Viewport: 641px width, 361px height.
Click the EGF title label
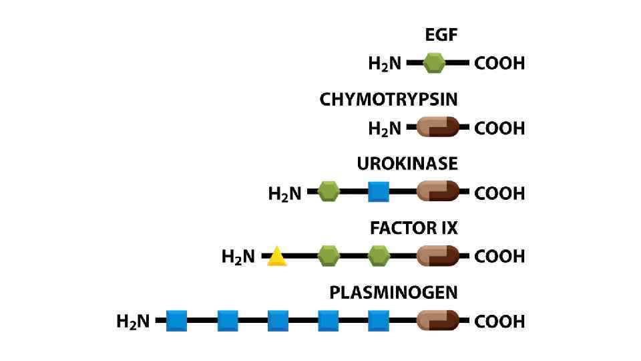441,35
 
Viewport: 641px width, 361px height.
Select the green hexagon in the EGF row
434,64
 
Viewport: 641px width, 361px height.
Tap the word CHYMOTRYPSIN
389,100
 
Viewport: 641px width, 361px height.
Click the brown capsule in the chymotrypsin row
438,127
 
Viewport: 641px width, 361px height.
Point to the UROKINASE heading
407,164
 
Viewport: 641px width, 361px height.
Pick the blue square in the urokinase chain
379,193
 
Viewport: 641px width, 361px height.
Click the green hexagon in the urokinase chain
328,193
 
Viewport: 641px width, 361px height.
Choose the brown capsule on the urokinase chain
438,193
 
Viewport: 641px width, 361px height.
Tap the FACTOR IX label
414,228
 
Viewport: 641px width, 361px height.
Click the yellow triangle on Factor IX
276,257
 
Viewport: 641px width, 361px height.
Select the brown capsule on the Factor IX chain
438,255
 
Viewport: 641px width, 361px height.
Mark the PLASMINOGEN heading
393,293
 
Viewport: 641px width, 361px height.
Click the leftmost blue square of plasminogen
176,321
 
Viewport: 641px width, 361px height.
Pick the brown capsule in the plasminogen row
438,321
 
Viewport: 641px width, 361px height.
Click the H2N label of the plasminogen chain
133,322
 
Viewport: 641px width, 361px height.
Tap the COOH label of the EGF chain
499,64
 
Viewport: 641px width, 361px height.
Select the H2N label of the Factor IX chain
238,257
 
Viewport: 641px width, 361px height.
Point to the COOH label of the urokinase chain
499,193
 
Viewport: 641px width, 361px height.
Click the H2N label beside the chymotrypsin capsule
385,128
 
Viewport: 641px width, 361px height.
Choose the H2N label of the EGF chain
385,64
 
